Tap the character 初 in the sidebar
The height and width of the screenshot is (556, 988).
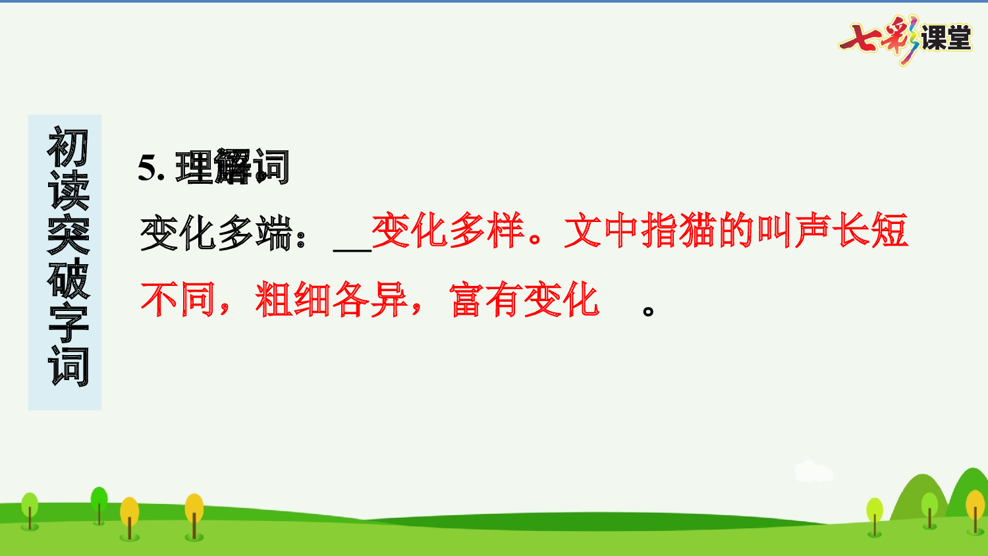click(67, 148)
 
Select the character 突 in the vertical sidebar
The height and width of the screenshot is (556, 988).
click(67, 235)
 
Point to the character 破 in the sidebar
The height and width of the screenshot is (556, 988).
click(67, 278)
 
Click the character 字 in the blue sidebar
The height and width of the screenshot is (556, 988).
click(67, 323)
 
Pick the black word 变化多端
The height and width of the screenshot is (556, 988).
click(216, 233)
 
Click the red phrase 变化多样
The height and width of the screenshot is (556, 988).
click(448, 231)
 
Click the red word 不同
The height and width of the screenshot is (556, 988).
click(178, 300)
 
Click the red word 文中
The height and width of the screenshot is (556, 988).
click(602, 231)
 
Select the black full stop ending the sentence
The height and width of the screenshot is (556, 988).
click(648, 310)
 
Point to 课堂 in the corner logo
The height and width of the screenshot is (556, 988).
click(946, 38)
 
